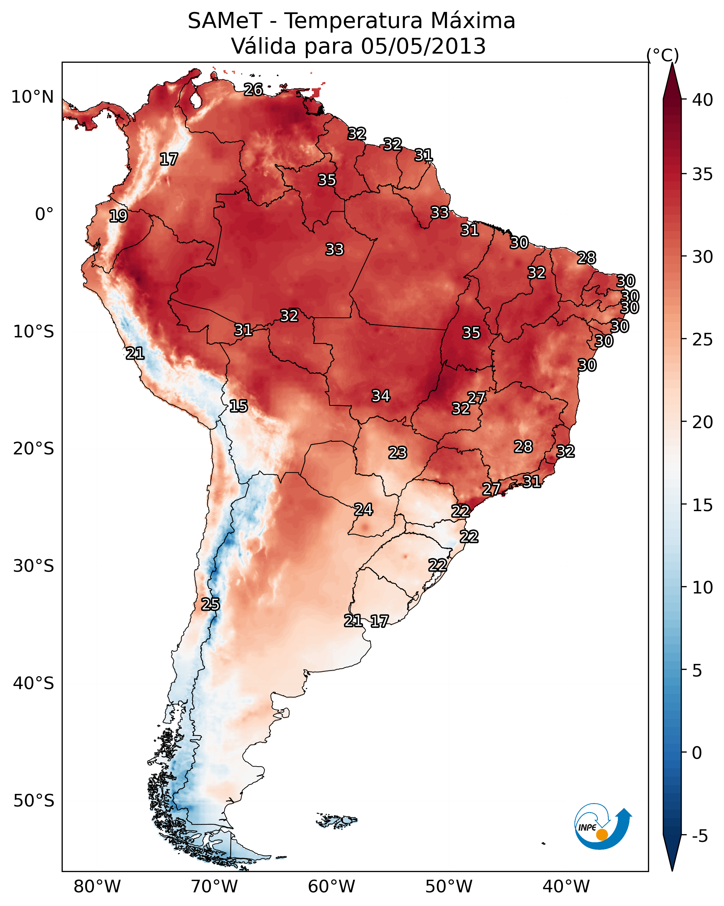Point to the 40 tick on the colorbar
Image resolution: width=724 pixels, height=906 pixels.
pyautogui.click(x=703, y=100)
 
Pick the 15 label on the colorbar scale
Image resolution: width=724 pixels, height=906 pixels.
pyautogui.click(x=703, y=505)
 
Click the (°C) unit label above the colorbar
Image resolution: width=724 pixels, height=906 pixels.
pyautogui.click(x=662, y=55)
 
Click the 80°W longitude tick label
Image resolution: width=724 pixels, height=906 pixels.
pyautogui.click(x=97, y=887)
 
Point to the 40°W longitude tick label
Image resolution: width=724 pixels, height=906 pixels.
pyautogui.click(x=566, y=887)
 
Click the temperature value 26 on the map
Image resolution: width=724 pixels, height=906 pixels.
pyautogui.click(x=253, y=89)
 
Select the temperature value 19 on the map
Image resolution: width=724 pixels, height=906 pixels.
pyautogui.click(x=118, y=216)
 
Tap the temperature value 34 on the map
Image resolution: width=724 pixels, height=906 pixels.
pyautogui.click(x=381, y=396)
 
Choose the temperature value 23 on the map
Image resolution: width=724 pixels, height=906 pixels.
pyautogui.click(x=398, y=453)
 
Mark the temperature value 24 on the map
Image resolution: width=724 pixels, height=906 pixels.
pyautogui.click(x=364, y=510)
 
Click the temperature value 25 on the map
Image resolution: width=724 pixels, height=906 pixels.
pyautogui.click(x=211, y=604)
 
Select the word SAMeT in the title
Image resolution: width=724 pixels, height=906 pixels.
pyautogui.click(x=225, y=21)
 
